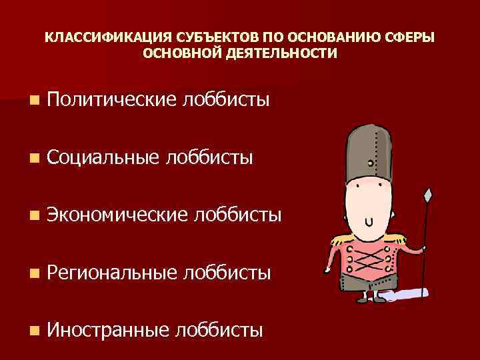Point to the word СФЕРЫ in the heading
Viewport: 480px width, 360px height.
coord(412,38)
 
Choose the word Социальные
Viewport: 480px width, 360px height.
coord(103,157)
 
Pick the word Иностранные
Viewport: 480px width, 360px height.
coord(108,329)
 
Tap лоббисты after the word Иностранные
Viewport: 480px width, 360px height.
coord(217,329)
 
